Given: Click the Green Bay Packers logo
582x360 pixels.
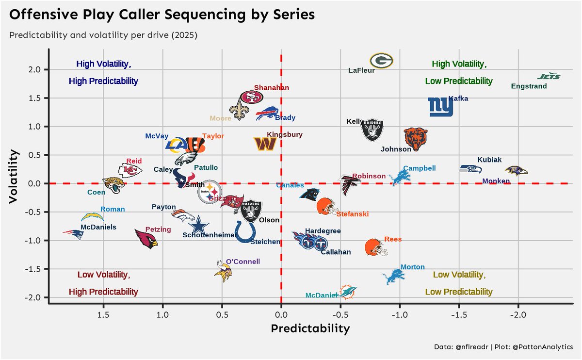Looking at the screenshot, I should tap(381, 61).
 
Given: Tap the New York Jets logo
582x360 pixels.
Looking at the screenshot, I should tap(549, 76).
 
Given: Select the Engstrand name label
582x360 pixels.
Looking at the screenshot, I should tap(529, 86).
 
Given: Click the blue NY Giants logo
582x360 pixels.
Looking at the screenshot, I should tap(440, 107).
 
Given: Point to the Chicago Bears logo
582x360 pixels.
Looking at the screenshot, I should tap(416, 140).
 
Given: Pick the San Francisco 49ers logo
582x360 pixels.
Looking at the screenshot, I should tap(252, 98).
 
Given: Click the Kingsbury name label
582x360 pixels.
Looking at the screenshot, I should tap(285, 134).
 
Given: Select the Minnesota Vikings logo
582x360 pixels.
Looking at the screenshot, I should tap(223, 271).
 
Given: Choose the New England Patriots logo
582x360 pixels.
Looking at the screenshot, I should tap(74, 233).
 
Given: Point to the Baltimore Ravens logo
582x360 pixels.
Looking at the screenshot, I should tap(516, 171).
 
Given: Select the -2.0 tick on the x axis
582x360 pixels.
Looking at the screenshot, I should tap(518, 314).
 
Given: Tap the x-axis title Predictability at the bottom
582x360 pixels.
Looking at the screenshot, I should tap(310, 328).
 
